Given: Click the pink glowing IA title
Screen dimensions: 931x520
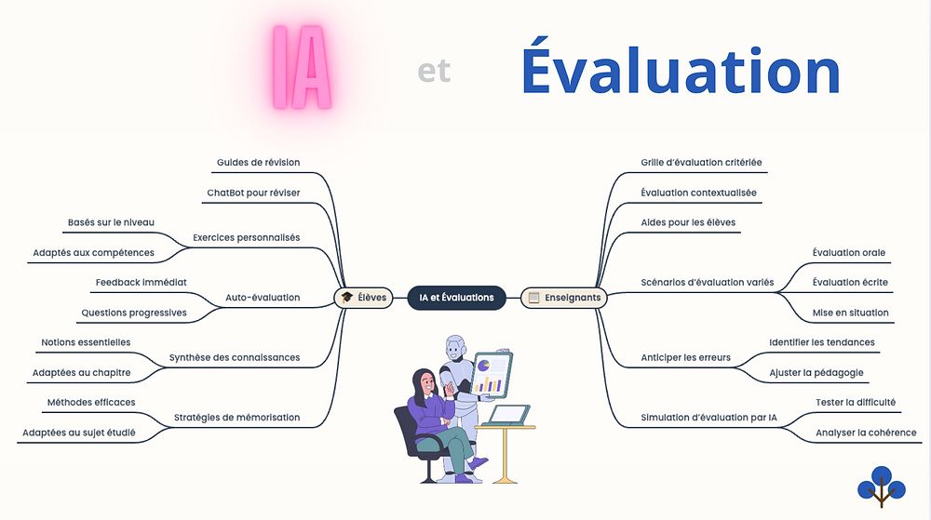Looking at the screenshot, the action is point(301,67).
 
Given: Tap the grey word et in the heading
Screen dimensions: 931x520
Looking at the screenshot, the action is point(434,71).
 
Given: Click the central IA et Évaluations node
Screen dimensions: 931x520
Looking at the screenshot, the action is point(456,298).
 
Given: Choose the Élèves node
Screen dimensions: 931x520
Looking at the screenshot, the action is point(363,298).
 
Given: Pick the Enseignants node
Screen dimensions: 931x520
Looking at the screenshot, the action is point(564,298).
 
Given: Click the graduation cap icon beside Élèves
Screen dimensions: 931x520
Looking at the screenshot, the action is point(346,298).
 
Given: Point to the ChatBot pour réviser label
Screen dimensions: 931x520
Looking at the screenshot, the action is point(253,193).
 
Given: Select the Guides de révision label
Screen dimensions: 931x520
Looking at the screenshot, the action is point(258,163).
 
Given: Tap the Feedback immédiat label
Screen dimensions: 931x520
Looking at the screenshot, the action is point(142,283).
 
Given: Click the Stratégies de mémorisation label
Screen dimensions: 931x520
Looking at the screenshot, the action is point(236,418).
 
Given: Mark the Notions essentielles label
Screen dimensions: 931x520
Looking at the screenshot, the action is point(86,342).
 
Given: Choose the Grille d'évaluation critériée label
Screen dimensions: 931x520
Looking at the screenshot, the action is point(701,163).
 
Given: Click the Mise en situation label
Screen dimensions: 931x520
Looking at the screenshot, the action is point(850,313).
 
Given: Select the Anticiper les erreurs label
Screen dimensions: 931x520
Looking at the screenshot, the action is point(686,357).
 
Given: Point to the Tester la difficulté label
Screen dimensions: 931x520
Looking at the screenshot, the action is point(856,403).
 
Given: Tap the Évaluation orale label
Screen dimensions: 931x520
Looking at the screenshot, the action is point(849,253).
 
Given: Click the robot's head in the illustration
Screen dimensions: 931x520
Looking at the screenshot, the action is point(456,348).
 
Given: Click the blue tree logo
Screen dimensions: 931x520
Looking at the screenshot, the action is point(881,487).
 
